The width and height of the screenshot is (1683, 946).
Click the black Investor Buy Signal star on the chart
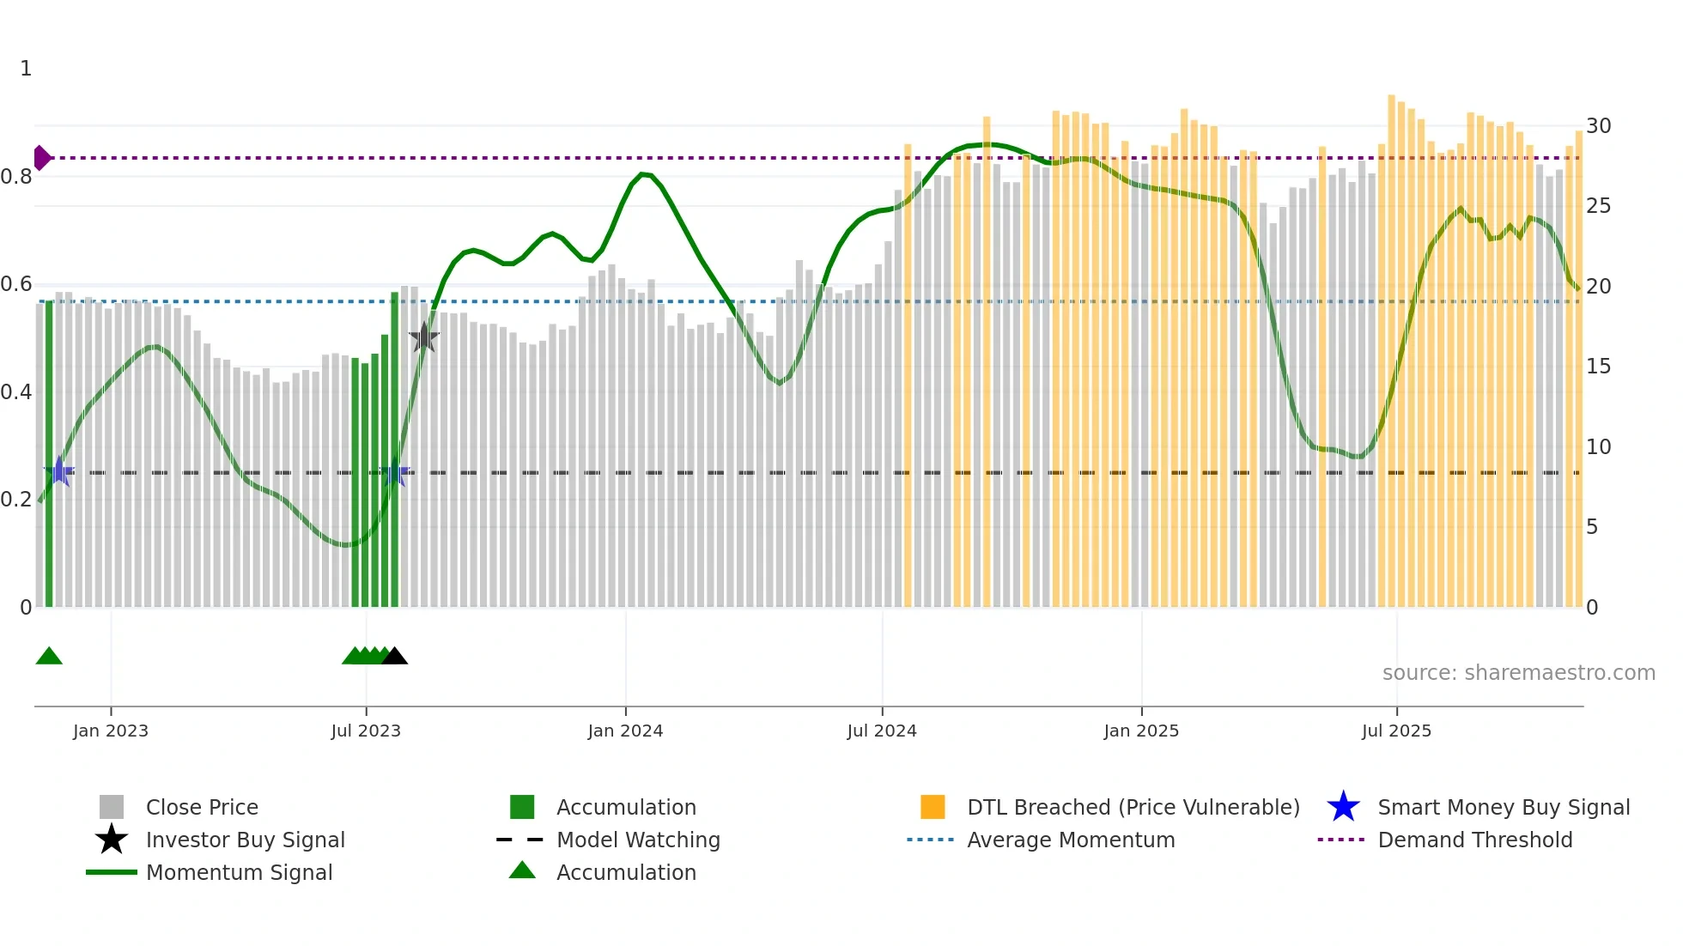(423, 338)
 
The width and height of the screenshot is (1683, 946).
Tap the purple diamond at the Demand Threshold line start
(41, 158)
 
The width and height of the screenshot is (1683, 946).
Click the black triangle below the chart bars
(394, 657)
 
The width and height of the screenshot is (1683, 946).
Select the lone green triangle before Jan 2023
(49, 657)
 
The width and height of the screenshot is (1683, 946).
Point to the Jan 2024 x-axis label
(625, 731)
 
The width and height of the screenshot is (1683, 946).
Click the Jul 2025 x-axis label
(1396, 731)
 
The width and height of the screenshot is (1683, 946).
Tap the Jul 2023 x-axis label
(366, 731)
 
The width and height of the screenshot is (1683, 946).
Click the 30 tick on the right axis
(1598, 126)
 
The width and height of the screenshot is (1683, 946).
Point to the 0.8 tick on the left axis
(17, 177)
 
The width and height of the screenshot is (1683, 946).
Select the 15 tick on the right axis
(1598, 367)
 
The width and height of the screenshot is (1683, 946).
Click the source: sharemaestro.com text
(1518, 673)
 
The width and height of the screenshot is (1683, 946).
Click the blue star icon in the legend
(1343, 807)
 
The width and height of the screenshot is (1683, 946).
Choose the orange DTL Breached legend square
(933, 807)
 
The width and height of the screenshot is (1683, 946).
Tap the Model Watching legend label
(638, 840)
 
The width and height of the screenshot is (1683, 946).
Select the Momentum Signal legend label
(239, 872)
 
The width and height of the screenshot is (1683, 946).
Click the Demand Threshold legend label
(1474, 840)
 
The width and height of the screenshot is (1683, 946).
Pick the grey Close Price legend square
(112, 807)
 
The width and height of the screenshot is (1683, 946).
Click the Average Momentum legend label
(1071, 840)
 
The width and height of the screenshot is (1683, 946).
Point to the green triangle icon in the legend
(522, 871)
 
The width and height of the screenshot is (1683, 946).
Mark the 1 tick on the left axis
(26, 69)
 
